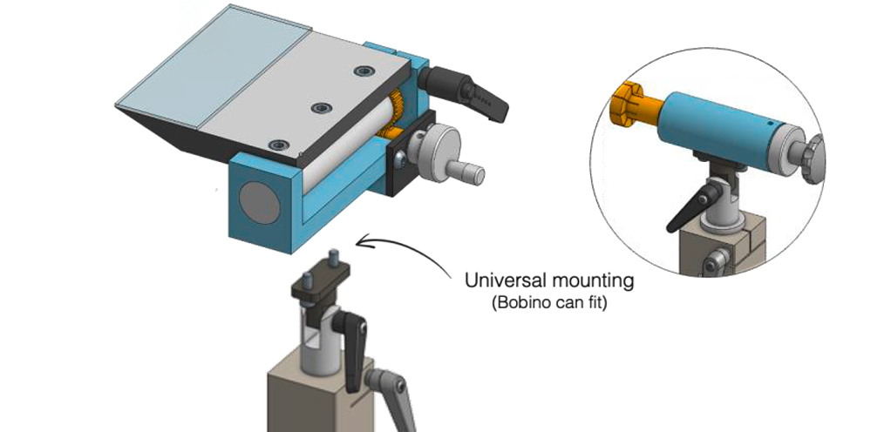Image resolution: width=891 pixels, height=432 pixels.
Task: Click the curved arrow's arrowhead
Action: click(363, 242)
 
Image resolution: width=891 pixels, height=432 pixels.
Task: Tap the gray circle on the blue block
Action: click(260, 201)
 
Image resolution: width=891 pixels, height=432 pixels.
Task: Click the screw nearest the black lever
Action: click(362, 71)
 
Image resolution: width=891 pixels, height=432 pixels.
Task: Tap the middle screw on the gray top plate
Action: click(321, 108)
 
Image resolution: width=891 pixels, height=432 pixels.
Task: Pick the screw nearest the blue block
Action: click(278, 145)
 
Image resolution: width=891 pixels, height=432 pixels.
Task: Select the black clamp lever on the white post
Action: click(351, 347)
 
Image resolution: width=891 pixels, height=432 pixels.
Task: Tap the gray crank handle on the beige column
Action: click(393, 397)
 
